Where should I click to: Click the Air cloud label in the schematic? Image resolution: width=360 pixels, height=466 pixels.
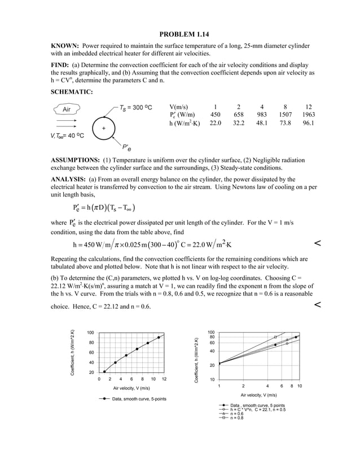pos(67,109)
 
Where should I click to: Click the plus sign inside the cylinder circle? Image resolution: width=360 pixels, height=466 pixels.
pos(103,129)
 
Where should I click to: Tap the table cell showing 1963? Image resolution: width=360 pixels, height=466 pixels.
pos(308,115)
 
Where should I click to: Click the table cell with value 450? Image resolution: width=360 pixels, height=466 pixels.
pos(215,115)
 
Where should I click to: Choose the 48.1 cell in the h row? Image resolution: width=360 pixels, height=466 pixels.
pos(262,123)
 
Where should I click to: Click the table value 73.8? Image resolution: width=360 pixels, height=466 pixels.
pos(285,123)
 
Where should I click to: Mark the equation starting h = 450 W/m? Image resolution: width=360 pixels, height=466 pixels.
pos(152,244)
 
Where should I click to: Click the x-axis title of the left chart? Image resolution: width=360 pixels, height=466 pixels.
pos(131,388)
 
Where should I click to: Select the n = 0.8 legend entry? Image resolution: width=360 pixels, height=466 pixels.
pos(234,417)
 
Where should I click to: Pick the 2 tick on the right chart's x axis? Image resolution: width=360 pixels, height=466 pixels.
pos(243,385)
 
